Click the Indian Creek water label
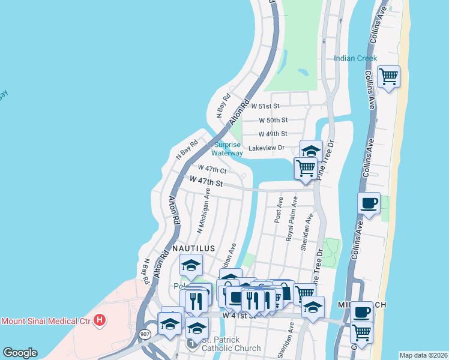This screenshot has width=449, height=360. coord(355,58)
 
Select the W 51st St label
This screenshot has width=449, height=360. coord(269,106)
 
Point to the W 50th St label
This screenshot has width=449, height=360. coord(273,120)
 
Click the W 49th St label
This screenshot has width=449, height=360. coord(273,134)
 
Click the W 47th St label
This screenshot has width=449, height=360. coord(206,181)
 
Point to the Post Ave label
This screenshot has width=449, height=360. coord(279,209)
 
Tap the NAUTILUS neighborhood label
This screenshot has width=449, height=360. coord(193,247)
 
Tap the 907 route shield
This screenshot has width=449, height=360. coord(145,334)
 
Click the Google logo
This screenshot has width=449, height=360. coord(20,353)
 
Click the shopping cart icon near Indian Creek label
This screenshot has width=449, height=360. coord(388,76)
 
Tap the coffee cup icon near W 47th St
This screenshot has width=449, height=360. coord(369,203)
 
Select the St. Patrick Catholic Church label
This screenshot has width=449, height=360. coord(231,344)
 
